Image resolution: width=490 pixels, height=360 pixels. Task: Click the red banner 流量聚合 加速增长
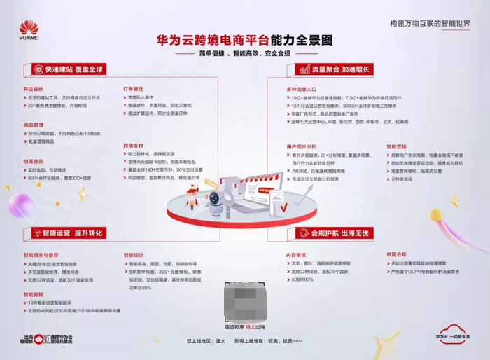334,69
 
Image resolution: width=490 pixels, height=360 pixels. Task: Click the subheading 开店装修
33,90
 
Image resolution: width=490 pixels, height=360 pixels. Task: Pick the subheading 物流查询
33,160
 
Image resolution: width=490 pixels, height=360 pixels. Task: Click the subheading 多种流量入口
301,90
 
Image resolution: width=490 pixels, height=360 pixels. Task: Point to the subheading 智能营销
396,146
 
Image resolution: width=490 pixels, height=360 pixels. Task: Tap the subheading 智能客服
33,294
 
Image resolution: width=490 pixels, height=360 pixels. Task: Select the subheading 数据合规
396,254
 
